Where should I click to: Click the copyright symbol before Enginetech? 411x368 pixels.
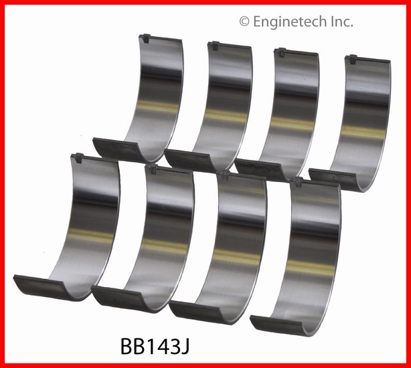[244, 21]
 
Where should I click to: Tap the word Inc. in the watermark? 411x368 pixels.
[341, 21]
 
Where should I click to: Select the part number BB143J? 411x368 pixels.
[155, 345]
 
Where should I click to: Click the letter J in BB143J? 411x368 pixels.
[185, 346]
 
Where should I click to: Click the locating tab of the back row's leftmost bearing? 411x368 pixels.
[145, 38]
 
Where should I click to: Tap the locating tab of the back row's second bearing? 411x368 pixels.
[214, 45]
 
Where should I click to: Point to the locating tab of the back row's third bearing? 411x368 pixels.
[280, 52]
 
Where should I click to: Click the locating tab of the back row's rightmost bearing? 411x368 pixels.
[352, 59]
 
